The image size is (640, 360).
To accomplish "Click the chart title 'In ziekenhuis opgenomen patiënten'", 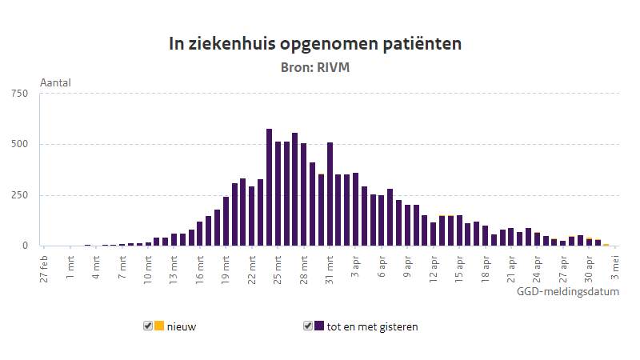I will click(314, 44).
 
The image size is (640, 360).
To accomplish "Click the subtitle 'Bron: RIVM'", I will click(314, 68).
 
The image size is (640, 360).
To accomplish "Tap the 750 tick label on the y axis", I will click(20, 94).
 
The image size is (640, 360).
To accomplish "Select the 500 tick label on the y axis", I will click(20, 145).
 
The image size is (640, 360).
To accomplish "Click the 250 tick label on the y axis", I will click(20, 195).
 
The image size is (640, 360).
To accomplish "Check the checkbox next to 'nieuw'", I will click(148, 326).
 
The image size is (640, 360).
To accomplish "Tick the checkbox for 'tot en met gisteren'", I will click(308, 326).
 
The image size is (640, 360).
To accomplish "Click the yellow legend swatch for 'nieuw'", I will click(159, 326).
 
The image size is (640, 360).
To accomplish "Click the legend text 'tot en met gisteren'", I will click(372, 326).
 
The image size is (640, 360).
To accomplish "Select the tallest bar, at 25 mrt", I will click(270, 187).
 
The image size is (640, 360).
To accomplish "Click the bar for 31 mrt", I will click(330, 194).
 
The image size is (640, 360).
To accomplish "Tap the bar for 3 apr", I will click(356, 210).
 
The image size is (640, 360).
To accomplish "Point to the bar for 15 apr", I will click(459, 230).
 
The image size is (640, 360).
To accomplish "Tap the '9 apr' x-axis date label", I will click(408, 264).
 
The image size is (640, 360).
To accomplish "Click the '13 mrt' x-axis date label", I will click(174, 265).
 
